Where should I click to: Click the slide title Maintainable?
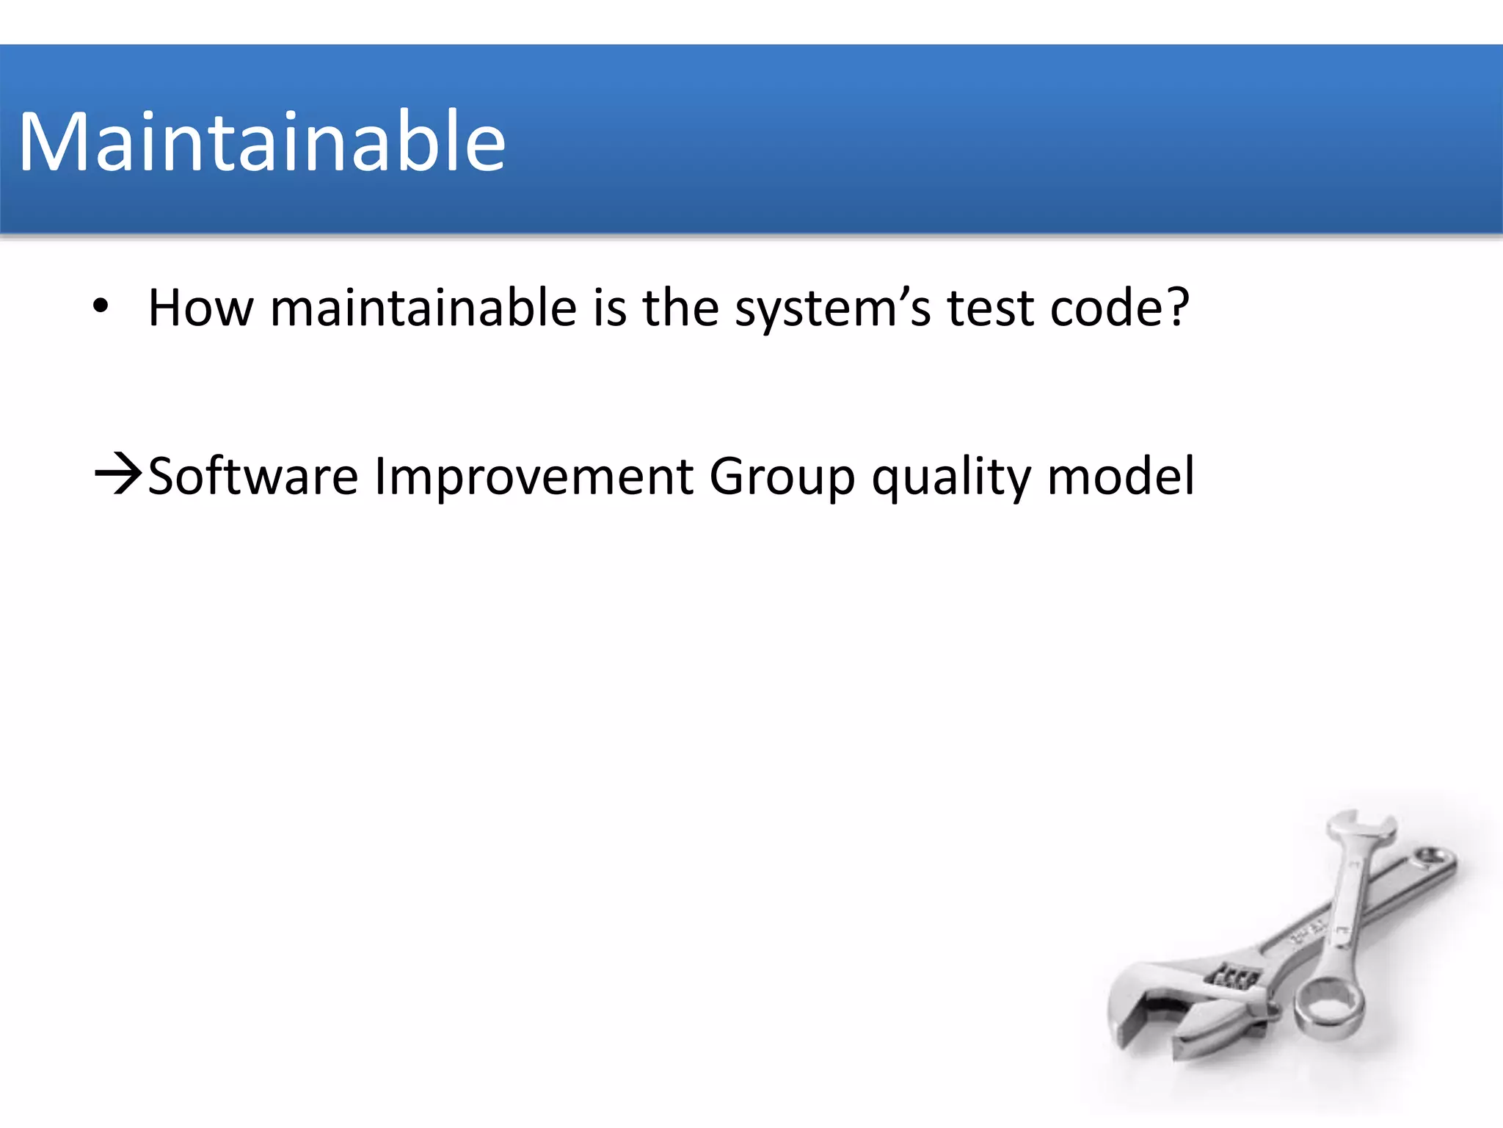262,142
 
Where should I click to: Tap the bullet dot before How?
101,306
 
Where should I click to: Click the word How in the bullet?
200,308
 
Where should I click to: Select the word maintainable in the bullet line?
423,308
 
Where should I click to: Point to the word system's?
832,309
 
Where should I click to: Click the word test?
990,309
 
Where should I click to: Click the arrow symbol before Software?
117,475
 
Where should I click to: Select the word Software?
253,477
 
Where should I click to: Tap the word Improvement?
534,477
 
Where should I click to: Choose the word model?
1121,477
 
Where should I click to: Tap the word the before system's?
680,308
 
